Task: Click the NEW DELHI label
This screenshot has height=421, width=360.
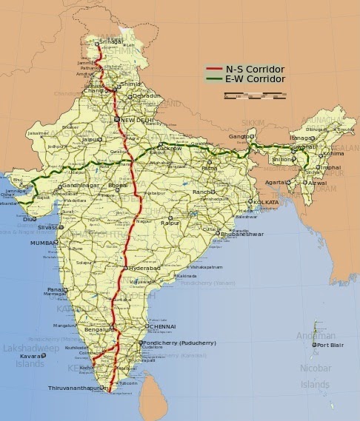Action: pos(138,120)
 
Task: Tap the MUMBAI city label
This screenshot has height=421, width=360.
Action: pos(44,243)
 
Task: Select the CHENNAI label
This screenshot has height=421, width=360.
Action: pos(162,326)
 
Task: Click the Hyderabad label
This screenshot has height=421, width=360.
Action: pos(144,267)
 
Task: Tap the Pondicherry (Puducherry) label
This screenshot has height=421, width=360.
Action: pos(181,343)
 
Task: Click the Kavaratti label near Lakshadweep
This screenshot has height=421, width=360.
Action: pos(30,357)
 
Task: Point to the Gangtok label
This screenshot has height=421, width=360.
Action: pos(239,137)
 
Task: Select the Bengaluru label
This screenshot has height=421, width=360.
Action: pos(99,328)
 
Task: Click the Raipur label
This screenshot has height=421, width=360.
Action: pos(170,222)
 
